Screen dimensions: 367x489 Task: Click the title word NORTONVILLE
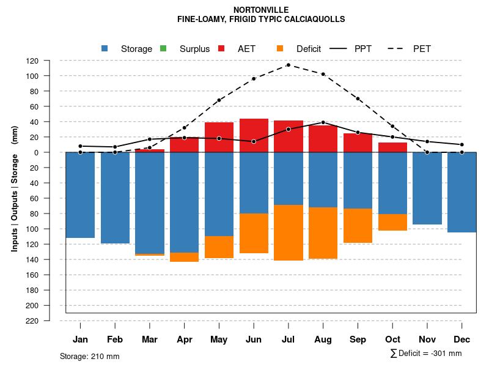click(261, 10)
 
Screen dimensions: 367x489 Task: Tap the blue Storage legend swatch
click(105, 48)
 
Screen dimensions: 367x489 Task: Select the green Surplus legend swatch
click(163, 48)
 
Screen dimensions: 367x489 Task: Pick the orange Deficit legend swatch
click(280, 48)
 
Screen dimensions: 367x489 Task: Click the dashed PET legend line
click(394, 48)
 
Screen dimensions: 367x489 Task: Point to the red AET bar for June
click(254, 135)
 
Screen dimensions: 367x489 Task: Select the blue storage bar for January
click(80, 195)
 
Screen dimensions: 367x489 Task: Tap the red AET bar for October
click(393, 147)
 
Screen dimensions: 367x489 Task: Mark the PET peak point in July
click(289, 65)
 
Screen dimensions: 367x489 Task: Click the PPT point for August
click(323, 122)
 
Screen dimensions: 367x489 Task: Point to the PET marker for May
click(219, 100)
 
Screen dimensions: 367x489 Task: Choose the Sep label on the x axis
click(358, 339)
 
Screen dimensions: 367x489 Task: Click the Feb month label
click(115, 339)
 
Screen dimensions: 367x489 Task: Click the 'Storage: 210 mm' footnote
click(90, 356)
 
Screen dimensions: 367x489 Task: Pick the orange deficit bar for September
click(358, 226)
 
